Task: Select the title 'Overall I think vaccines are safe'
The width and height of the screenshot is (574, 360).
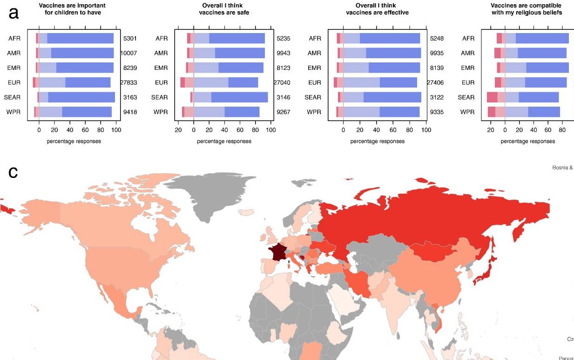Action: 224,9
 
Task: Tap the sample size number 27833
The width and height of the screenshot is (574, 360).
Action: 128,82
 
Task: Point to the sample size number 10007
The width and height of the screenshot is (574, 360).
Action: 128,53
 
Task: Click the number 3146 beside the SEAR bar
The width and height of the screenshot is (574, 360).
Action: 283,97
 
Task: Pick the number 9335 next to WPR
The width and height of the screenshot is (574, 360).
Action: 436,112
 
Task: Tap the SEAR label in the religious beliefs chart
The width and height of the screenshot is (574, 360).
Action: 466,97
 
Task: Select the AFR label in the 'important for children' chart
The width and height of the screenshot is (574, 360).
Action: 14,38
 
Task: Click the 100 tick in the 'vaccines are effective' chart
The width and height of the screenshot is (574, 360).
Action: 425,130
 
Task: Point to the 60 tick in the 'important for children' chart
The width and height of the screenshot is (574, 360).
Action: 85,130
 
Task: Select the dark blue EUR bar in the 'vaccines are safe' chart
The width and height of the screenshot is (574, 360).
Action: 243,82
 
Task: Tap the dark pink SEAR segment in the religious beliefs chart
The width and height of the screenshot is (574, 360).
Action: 492,97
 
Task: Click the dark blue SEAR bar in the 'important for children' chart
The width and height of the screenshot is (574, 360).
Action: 81,97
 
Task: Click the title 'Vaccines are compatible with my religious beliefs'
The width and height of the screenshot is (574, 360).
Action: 527,9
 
